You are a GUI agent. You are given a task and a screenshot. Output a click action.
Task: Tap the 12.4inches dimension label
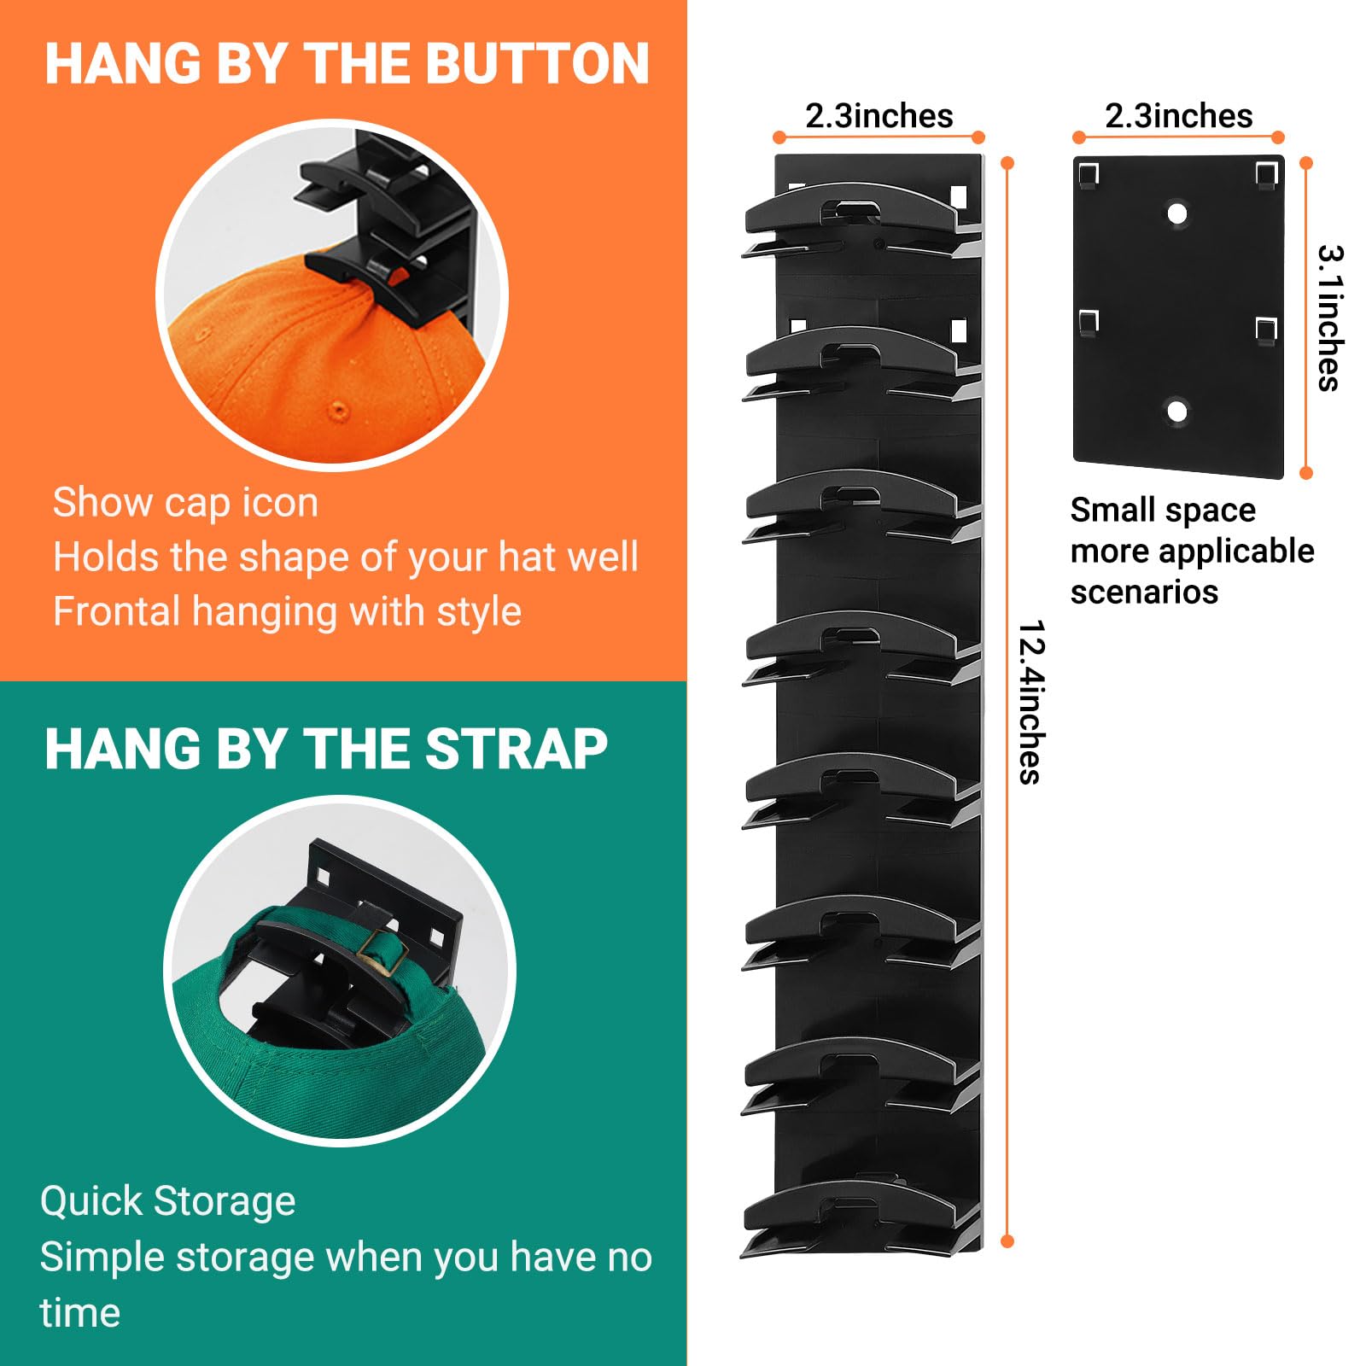point(1031,702)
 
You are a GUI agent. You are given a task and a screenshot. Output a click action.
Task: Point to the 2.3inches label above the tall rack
point(879,116)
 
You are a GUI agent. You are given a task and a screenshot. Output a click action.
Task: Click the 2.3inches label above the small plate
point(1178,116)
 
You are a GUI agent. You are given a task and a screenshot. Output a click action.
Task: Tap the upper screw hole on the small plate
point(1177,213)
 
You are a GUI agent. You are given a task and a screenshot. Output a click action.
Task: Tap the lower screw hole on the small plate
point(1176,412)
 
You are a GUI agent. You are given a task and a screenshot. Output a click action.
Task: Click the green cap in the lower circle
point(341,1076)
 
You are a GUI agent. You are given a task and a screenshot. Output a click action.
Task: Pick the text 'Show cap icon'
point(185,502)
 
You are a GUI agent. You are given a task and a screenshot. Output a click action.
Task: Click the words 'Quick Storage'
point(167,1200)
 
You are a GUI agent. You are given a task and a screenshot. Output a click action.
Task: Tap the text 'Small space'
point(1163,510)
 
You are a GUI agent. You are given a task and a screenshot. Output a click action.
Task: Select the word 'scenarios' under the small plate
point(1144,592)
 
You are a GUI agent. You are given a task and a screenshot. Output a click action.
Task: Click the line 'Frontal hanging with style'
point(287,611)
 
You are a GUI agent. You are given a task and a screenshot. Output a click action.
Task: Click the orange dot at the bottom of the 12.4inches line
point(1007,1241)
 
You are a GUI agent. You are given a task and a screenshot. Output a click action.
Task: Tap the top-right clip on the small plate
point(1266,175)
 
